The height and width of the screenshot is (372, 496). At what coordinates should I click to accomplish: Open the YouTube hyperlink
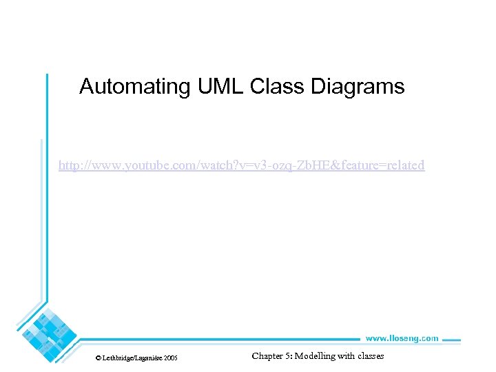coord(241,165)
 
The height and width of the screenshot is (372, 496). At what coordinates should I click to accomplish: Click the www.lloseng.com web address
coord(401,338)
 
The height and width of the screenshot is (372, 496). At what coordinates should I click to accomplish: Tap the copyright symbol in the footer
coord(99,358)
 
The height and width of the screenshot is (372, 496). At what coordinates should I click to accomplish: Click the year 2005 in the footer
coord(170,358)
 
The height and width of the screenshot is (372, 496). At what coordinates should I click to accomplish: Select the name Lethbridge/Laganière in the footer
coord(133,358)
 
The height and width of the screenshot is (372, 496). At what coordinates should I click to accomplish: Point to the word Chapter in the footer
coord(268,356)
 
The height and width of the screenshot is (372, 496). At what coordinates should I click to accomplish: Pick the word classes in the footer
coord(371,356)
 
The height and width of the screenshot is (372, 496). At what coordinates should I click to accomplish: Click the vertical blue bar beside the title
coord(47,103)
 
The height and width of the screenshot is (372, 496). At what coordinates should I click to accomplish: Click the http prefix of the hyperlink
coord(68,165)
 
